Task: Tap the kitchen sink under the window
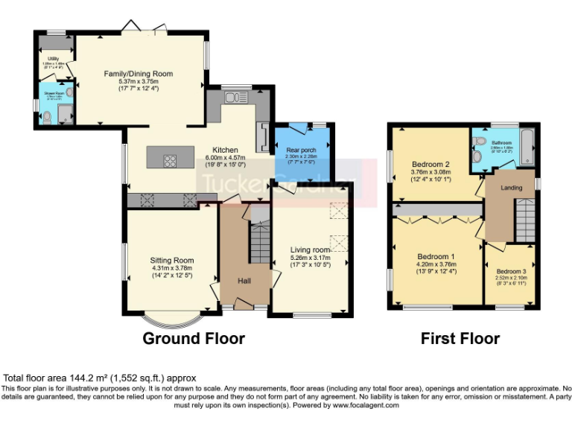point(237,98)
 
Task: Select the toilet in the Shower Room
point(46,118)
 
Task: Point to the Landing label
point(510,187)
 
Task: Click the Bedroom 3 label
point(510,271)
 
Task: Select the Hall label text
point(244,281)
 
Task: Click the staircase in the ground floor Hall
point(259,242)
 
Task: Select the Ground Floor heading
point(194,339)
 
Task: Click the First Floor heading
point(460,339)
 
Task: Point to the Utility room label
point(54,58)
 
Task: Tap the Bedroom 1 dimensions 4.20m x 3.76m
point(436,263)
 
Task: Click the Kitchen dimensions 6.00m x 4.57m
point(226,158)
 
